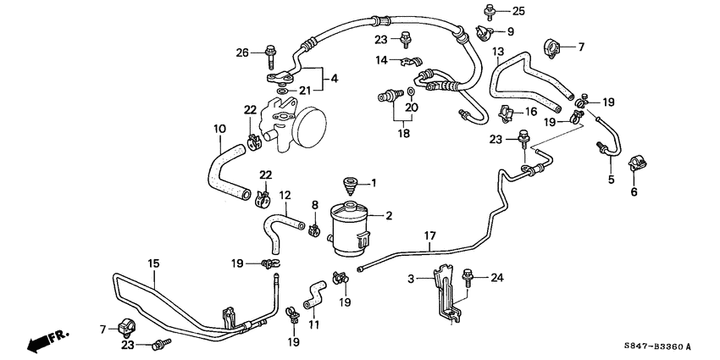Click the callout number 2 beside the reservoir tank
390,216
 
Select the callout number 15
154,264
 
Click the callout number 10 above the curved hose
220,130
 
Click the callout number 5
610,180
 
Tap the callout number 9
510,31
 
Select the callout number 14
382,59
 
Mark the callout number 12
285,196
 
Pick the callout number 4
335,78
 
